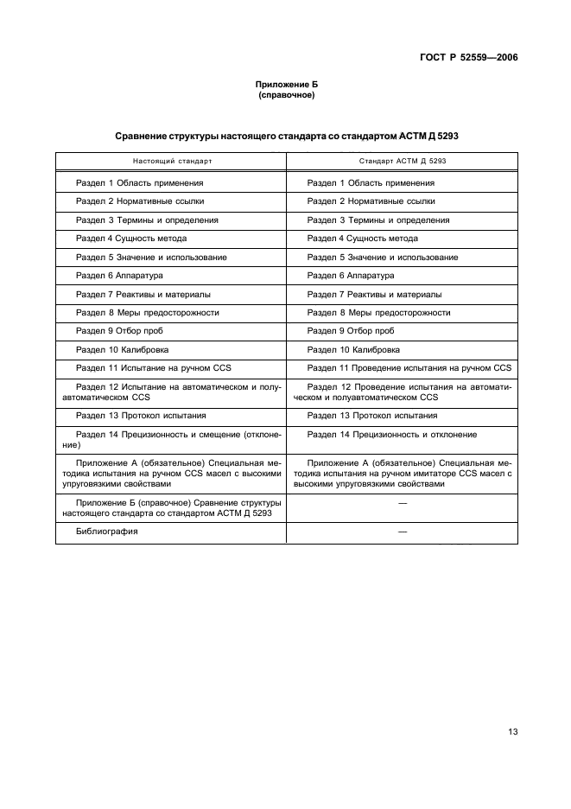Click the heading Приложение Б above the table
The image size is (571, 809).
coord(286,85)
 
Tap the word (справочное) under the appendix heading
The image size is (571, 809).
coord(286,95)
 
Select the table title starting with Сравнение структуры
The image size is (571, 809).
coord(286,137)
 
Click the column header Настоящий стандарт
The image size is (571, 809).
coord(172,162)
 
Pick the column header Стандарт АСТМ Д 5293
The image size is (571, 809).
coord(403,162)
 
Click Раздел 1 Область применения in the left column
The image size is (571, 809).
coord(140,182)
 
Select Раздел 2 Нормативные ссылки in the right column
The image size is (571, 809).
coord(371,201)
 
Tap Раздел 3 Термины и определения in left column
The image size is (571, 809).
coord(147,220)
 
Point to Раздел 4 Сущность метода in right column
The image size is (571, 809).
coord(363,238)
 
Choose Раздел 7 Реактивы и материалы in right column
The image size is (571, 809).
coord(374,294)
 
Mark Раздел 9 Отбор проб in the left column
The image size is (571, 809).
coord(119,330)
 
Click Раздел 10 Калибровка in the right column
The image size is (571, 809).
coord(353,349)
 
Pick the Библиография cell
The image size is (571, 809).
coord(107,532)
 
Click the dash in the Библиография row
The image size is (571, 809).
coord(402,532)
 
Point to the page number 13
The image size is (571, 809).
coord(512,731)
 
